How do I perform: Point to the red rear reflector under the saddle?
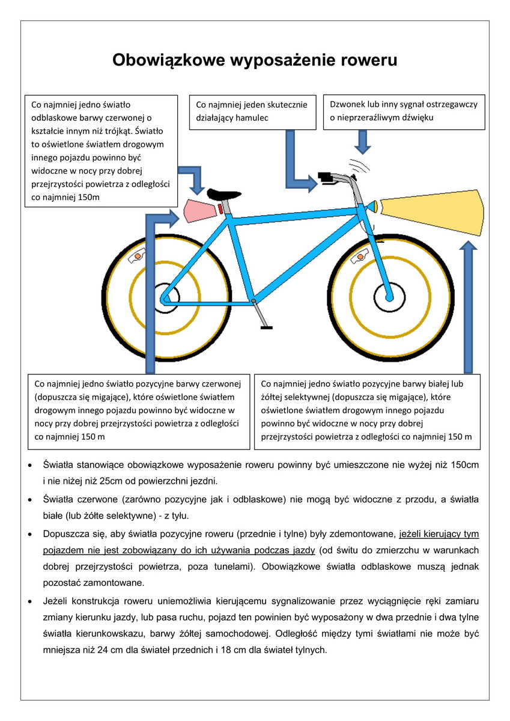221,208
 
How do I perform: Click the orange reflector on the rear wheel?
138,256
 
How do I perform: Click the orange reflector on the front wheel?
361,257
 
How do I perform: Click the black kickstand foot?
266,327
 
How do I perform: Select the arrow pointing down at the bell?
362,142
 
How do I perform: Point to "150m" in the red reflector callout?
88,196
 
